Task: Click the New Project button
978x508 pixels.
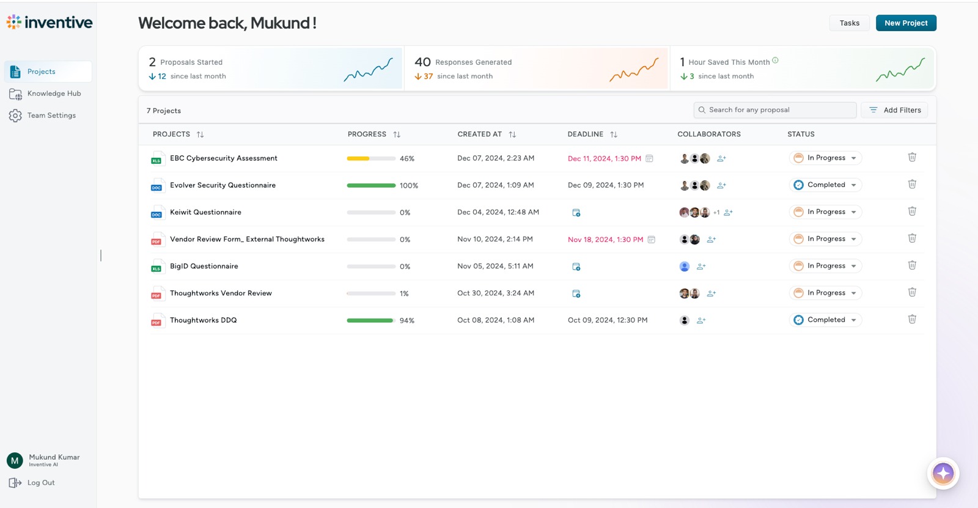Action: pos(906,23)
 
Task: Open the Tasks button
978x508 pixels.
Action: pos(849,23)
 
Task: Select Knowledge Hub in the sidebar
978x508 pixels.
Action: pos(54,94)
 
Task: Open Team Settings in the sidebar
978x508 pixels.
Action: pos(51,116)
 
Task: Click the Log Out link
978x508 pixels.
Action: pos(40,483)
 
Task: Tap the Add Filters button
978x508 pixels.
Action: pos(895,110)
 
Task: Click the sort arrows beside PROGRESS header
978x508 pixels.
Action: pos(397,134)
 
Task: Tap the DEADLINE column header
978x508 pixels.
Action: pos(585,134)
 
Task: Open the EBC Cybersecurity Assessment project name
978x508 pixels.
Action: pos(223,158)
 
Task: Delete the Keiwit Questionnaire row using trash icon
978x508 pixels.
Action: pos(912,212)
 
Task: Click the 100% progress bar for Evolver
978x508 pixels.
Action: pos(371,185)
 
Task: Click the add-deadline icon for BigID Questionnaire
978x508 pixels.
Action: pos(576,267)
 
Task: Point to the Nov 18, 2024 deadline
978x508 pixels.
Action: pos(605,240)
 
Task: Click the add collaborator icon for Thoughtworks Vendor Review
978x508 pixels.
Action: pos(711,293)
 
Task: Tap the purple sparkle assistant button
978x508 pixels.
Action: pos(943,473)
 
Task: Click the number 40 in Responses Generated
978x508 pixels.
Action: pos(422,62)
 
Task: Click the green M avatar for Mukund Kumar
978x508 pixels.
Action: pos(15,460)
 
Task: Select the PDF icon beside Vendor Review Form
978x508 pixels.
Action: pos(156,240)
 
